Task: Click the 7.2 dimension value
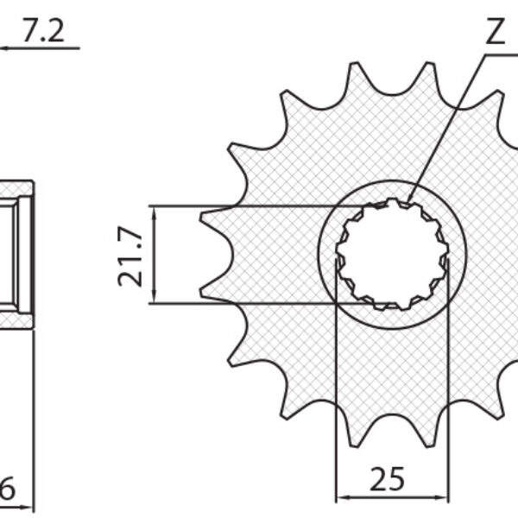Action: [43, 32]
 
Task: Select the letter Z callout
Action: [494, 33]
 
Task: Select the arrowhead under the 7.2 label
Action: [3, 48]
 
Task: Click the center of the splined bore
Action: [392, 255]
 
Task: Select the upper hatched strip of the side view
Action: [16, 189]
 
